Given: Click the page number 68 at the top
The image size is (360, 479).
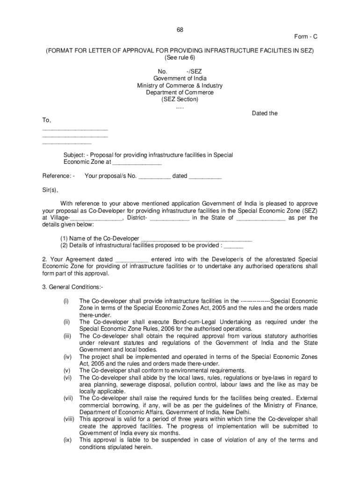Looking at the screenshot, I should pos(180,30).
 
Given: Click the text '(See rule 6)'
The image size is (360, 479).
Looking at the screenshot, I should pos(180,58).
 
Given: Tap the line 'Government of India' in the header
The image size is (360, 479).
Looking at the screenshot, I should pos(180,79).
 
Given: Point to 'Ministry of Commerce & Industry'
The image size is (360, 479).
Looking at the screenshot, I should pos(180,86).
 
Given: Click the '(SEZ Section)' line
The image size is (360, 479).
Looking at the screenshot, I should pos(180,100).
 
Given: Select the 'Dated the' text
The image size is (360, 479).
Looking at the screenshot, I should pos(265,113).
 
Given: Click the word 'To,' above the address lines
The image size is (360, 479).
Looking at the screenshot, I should pos(46,121).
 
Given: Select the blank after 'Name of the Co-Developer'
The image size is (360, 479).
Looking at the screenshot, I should pos(196,239).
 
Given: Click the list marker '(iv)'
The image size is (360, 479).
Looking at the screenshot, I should pos(67,357).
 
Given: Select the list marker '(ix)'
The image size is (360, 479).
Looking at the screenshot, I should pos(67,440).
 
